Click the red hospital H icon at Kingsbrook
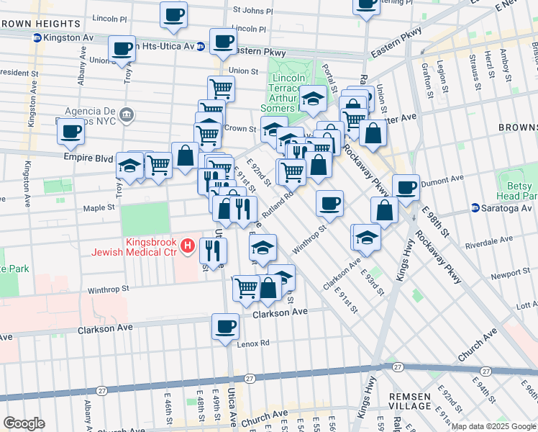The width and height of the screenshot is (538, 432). point(188,246)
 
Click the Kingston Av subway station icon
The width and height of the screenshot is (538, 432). point(37,37)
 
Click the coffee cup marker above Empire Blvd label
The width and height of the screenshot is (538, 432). point(70,132)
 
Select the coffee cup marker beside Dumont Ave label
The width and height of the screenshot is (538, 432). point(406,186)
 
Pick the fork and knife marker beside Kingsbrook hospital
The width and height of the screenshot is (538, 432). point(213,250)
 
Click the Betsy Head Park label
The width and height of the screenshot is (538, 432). point(516,188)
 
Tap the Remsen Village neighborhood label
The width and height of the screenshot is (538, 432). point(409,401)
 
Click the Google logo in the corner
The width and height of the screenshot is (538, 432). point(24,423)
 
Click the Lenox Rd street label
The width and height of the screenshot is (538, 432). point(254,343)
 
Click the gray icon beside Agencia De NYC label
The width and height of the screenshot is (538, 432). point(127,114)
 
